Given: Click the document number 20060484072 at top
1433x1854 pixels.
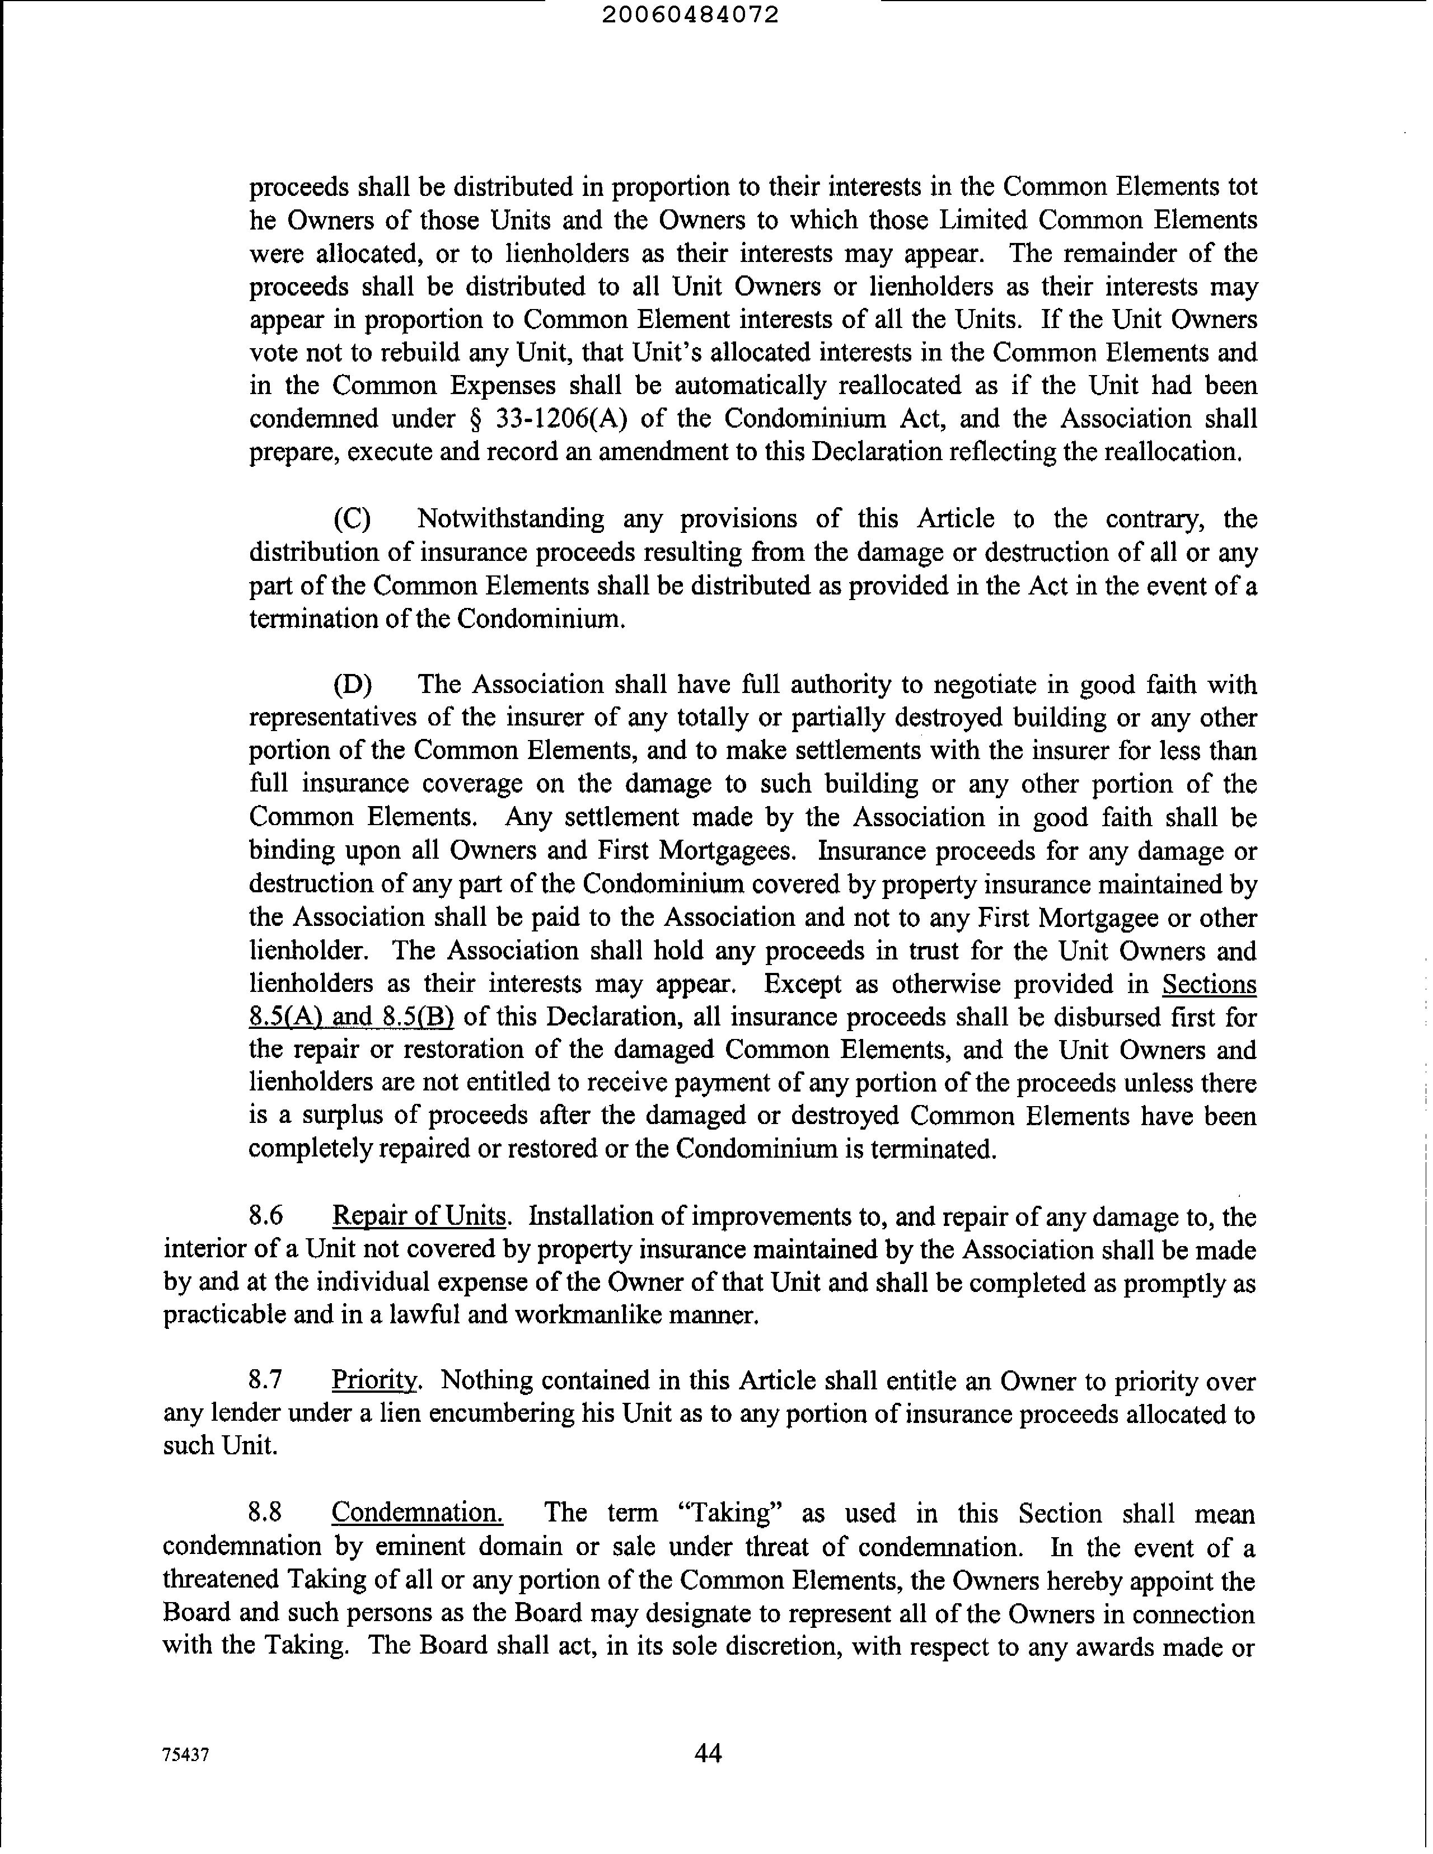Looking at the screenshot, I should tap(701, 15).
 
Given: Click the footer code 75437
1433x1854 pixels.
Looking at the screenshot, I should tap(185, 1755).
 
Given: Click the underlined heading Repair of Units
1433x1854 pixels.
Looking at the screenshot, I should tap(419, 1216).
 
